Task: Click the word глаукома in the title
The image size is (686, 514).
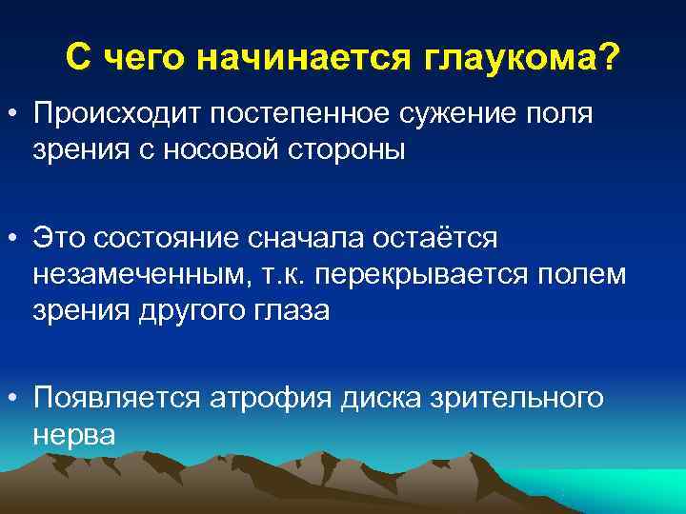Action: click(x=505, y=61)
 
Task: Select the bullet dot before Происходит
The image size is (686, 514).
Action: click(x=16, y=116)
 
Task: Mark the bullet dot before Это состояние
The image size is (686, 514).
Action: click(x=16, y=238)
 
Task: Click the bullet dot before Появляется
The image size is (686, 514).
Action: click(x=16, y=399)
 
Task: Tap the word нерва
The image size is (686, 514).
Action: click(x=73, y=434)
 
